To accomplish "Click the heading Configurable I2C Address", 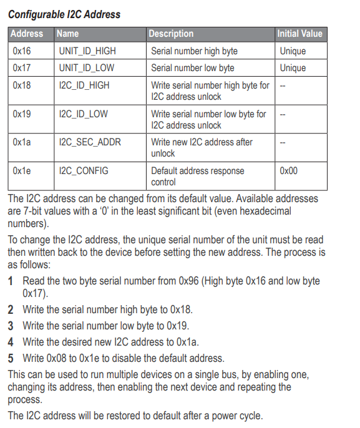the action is coord(64,14).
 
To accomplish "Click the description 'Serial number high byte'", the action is coord(194,51).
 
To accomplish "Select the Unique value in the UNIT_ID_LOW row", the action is coord(293,68).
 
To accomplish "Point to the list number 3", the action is coord(11,326).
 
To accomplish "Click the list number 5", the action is coord(11,358).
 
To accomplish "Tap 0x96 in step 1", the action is coord(188,281).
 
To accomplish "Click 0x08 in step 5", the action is coord(57,358).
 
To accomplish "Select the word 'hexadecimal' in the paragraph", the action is coord(266,211).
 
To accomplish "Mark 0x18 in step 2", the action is coord(182,309).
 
